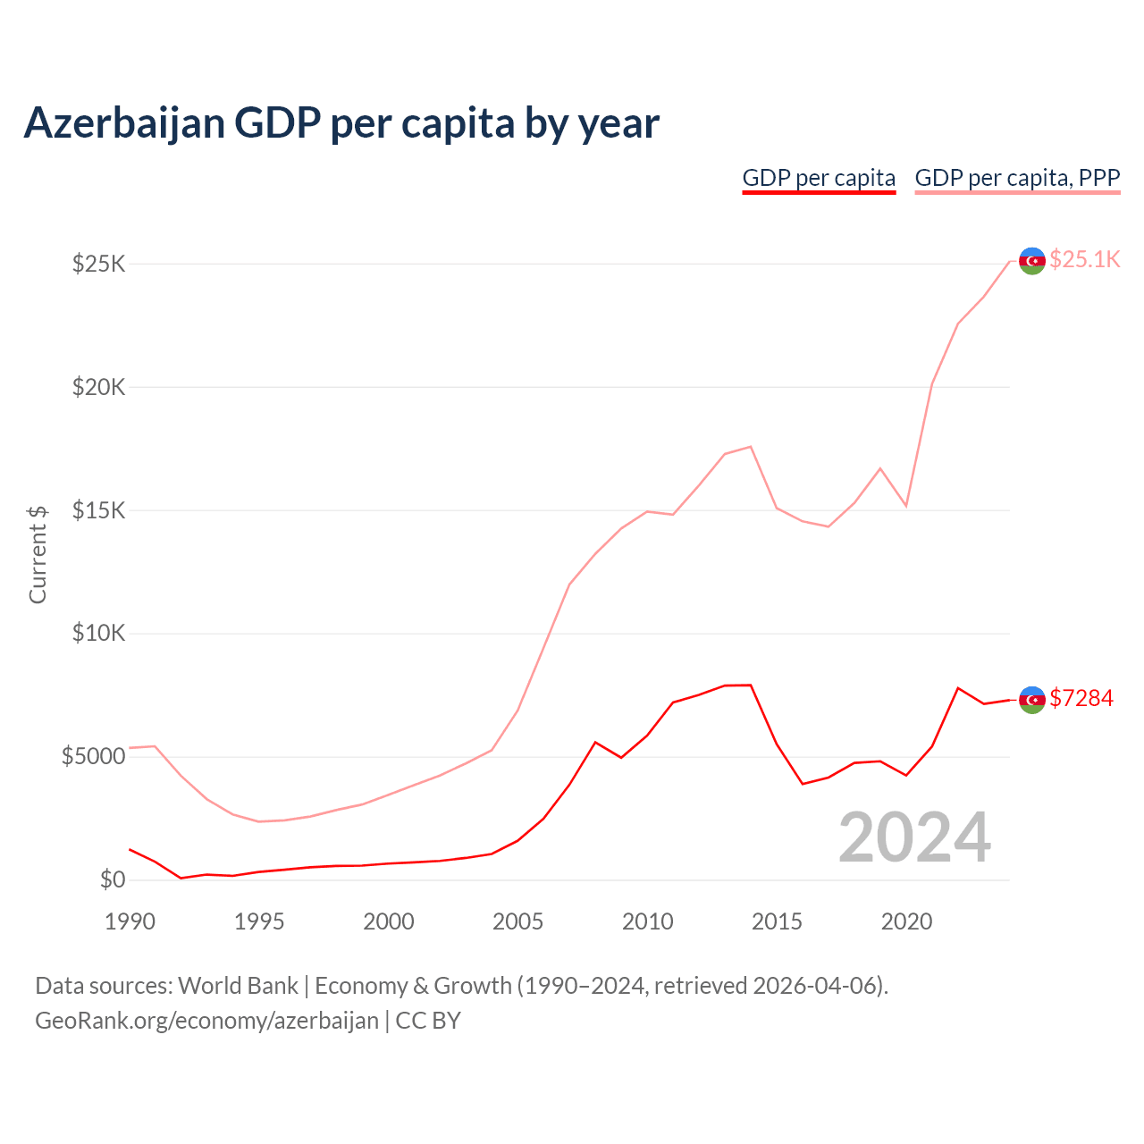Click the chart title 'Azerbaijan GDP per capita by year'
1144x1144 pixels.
pos(341,123)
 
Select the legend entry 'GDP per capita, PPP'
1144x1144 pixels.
pos(1017,178)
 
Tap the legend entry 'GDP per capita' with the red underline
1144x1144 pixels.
pos(819,178)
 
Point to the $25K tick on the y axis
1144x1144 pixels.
pos(99,265)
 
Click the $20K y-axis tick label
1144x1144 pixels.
pos(99,388)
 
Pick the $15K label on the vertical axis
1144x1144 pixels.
pos(99,511)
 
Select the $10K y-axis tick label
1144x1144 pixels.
pos(99,634)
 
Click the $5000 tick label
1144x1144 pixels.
pos(93,757)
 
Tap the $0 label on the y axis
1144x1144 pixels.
pos(112,879)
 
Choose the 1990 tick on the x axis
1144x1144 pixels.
pos(130,921)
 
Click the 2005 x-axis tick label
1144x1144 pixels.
pos(517,921)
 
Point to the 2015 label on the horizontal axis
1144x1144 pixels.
pos(777,921)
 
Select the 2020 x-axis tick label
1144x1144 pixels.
pos(906,921)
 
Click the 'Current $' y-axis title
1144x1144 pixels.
pos(38,554)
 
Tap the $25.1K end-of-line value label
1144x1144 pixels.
pos(1084,259)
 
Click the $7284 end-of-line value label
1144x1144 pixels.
pos(1081,698)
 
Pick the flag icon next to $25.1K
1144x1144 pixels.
pos(1032,261)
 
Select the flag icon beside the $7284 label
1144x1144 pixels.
pos(1032,700)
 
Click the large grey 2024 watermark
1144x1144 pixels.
pos(914,837)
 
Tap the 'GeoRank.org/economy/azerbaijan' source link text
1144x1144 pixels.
pos(206,1020)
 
